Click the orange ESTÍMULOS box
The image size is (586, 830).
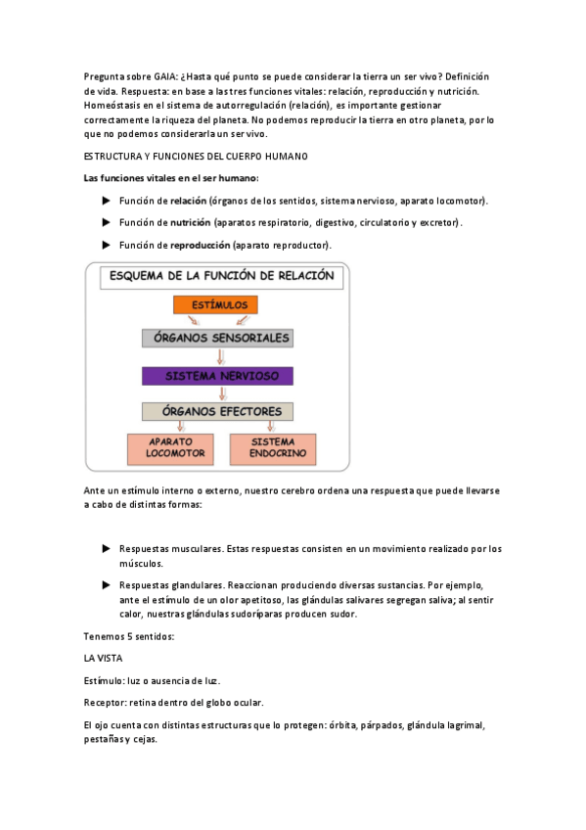point(216,305)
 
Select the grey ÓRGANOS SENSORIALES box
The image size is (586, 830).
point(217,338)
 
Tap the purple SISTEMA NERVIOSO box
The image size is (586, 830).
point(217,376)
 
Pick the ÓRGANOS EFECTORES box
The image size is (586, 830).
point(217,411)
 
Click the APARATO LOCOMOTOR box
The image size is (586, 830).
point(169,448)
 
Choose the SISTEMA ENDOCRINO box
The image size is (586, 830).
point(272,448)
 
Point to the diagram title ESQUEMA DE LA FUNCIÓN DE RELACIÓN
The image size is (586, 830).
point(221,276)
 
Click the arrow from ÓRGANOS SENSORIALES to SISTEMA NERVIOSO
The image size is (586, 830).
point(219,357)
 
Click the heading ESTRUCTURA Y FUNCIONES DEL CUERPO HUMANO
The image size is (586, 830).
point(196,157)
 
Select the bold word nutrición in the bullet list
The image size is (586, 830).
point(191,222)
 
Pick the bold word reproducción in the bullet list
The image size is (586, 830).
point(201,245)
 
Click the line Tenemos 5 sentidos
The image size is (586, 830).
point(129,636)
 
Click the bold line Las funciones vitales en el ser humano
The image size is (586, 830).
point(171,178)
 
